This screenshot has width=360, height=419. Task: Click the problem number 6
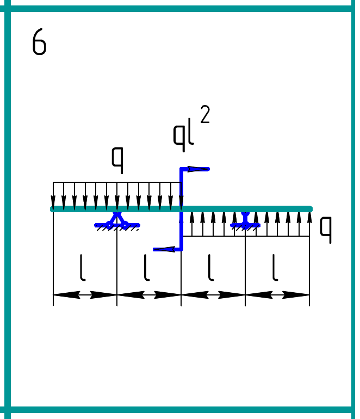[39, 42]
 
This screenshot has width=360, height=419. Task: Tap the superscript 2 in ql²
[205, 115]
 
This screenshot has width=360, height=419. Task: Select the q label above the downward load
[117, 158]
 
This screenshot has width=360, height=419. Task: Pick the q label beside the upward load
[325, 229]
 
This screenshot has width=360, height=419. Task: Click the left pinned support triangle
[117, 220]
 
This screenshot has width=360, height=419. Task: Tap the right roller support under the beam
[245, 221]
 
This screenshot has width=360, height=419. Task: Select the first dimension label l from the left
[82, 268]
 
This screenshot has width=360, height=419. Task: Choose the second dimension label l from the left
[146, 268]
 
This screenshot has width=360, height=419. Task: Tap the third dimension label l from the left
[210, 268]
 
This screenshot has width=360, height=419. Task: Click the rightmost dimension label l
[275, 268]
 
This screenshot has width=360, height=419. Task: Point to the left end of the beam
[53, 209]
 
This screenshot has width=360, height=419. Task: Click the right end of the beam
[310, 208]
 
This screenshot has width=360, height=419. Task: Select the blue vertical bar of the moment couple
[181, 209]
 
